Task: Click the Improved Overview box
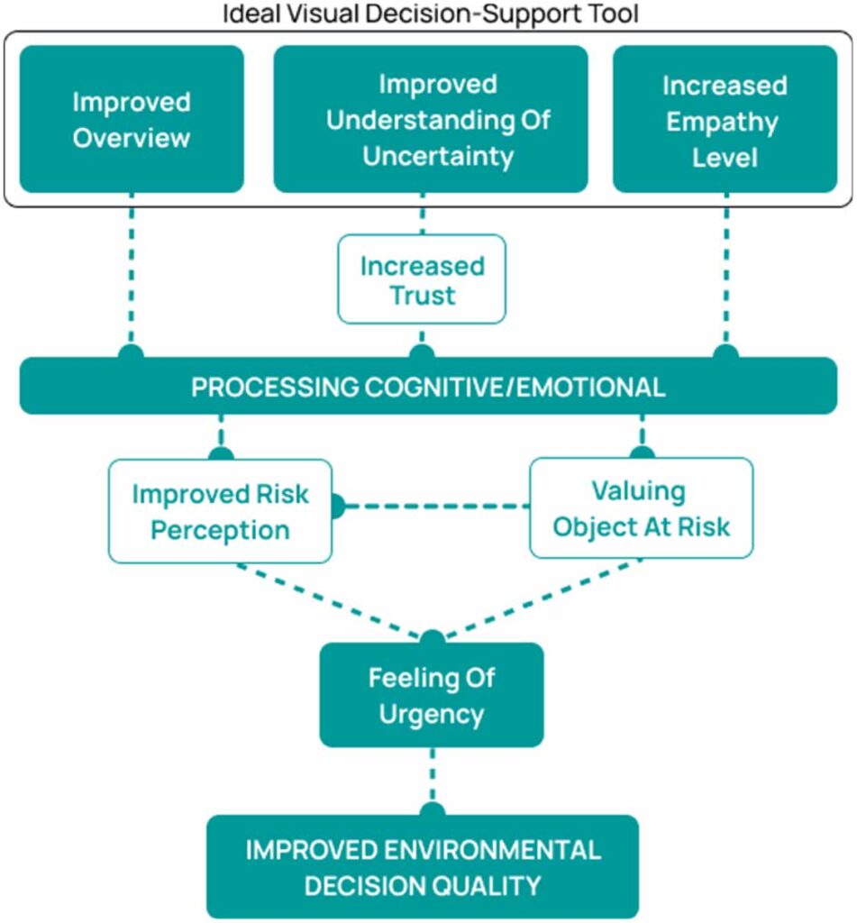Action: [132, 120]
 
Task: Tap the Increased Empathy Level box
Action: [725, 120]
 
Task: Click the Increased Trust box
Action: [422, 279]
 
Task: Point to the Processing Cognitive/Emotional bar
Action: [428, 387]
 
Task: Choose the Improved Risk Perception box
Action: [220, 511]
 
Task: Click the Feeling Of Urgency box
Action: [432, 695]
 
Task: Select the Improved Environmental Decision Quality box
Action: [422, 866]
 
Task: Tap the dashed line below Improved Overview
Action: [132, 270]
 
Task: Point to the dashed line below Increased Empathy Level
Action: [726, 270]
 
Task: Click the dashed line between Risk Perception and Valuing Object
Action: [433, 507]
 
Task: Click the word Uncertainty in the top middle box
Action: [438, 155]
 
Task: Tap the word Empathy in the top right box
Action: [725, 121]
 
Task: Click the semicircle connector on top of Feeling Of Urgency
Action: [433, 637]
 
